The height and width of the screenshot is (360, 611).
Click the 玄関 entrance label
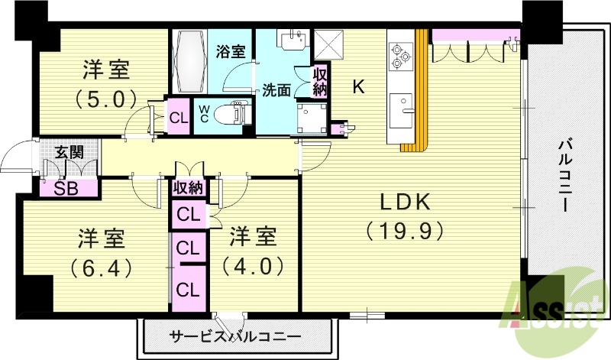click(68, 152)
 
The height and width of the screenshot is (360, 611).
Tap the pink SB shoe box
click(68, 188)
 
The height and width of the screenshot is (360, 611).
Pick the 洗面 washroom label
click(276, 89)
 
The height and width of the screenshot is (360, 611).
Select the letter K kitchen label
click(357, 87)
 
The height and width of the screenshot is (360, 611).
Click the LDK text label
click(406, 203)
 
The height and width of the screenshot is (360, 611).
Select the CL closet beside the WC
click(179, 118)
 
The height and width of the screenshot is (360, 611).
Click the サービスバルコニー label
click(235, 336)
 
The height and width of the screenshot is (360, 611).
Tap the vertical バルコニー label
click(566, 176)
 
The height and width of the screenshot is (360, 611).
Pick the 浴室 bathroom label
click(230, 52)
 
